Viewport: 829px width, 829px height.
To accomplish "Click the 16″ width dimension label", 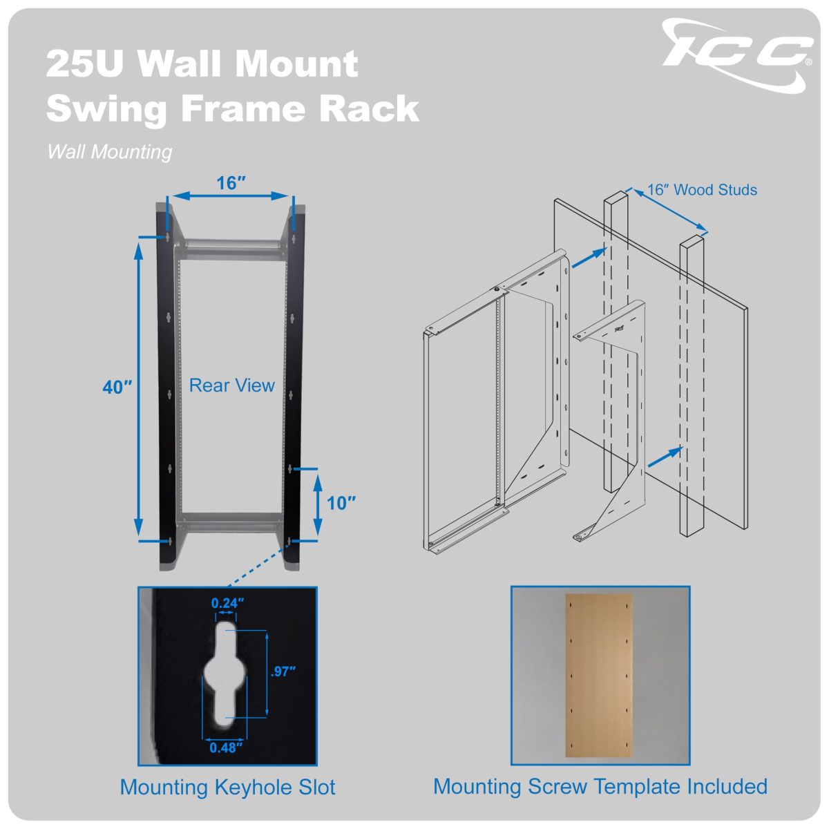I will click(x=231, y=183).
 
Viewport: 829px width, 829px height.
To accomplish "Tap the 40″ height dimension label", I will click(x=117, y=387).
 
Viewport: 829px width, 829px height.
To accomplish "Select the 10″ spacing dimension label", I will click(x=341, y=502).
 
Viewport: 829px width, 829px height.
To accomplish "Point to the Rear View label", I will click(x=232, y=385).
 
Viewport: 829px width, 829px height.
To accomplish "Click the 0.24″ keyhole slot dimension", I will click(x=227, y=603).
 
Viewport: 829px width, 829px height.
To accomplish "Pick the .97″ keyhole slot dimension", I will click(x=283, y=671).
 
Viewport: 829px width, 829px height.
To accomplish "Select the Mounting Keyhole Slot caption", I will click(x=227, y=787).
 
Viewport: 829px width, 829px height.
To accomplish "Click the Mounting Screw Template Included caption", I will click(x=600, y=786).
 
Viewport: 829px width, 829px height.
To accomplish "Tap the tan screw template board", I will click(x=599, y=676).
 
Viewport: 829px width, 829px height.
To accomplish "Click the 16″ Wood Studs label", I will click(x=702, y=190).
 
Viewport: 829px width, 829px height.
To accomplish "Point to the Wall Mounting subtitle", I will click(x=109, y=152).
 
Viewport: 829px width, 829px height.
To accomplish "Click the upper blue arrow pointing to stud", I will click(x=589, y=258).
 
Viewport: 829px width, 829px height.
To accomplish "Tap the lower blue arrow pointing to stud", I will click(x=665, y=457).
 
